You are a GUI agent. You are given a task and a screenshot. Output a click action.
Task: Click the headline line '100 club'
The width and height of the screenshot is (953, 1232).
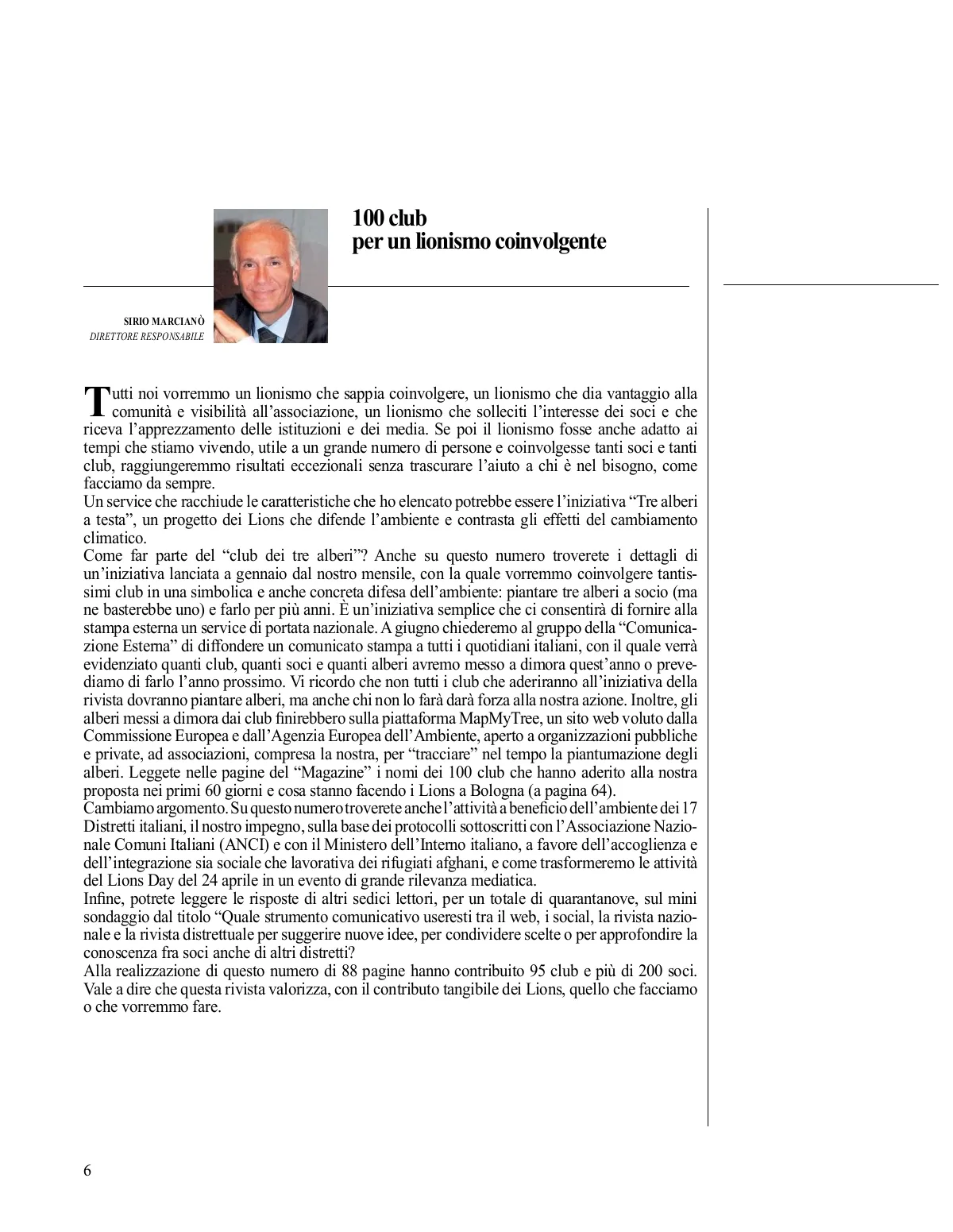pos(389,218)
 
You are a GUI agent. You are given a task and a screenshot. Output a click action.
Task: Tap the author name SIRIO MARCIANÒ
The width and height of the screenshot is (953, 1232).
pos(164,321)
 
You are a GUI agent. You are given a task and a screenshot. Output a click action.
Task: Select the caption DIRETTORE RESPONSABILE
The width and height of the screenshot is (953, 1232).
pos(147,336)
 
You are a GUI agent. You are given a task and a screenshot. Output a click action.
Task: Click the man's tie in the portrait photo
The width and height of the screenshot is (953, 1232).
pos(268,335)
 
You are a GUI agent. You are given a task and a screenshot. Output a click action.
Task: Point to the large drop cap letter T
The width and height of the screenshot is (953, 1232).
pos(95,400)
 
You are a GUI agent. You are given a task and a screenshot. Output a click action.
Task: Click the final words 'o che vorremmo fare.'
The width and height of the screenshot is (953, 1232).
pos(152,1007)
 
